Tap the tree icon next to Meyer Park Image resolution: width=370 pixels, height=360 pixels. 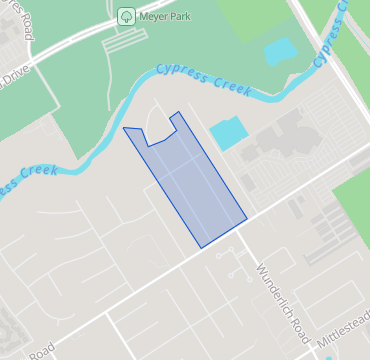[126, 16]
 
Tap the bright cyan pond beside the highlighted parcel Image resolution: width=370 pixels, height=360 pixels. [226, 133]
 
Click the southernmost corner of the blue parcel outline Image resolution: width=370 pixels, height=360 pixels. [200, 247]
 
